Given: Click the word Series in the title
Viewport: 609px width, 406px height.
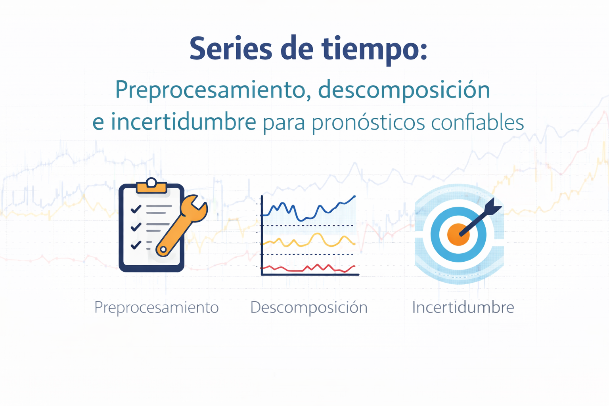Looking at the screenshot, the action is (231, 48).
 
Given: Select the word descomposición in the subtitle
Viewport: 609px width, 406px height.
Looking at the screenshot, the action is (404, 90).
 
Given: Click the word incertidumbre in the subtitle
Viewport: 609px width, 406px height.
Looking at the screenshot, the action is (184, 122).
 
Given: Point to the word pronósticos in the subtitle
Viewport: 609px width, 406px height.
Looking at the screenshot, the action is (368, 123).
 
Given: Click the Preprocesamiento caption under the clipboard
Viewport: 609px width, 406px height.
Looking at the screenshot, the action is (157, 308).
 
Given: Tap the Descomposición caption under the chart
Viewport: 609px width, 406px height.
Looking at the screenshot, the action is (309, 308).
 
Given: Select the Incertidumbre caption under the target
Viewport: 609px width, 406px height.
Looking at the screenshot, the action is (463, 307).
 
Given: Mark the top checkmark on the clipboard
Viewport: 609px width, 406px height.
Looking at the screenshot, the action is (136, 209).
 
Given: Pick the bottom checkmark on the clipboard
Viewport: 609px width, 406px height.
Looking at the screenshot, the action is (136, 245).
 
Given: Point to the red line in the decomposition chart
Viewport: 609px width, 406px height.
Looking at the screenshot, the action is (308, 268).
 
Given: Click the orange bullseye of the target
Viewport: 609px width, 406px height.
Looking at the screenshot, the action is (458, 234).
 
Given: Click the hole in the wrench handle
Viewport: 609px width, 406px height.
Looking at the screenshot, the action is (163, 249).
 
